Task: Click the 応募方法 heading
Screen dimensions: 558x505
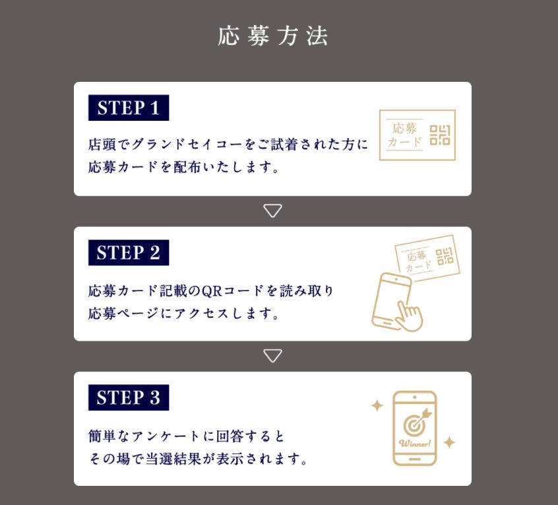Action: pos(272,36)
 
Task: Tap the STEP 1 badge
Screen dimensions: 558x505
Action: pos(129,108)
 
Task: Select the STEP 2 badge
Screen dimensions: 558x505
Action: pos(129,252)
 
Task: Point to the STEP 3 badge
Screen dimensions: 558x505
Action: pos(129,397)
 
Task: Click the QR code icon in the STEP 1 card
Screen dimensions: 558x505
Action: pos(440,135)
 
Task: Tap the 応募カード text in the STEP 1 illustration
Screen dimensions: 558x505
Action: pos(404,135)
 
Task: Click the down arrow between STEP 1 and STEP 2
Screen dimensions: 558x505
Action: pos(272,210)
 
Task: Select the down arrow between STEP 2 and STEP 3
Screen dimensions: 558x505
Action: pos(272,355)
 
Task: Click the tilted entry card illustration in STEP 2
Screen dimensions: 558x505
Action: pos(427,258)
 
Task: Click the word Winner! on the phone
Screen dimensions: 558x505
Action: pos(415,443)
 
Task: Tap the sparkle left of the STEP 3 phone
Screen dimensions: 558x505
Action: pos(377,405)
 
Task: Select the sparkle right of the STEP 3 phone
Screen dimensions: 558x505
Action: pos(449,442)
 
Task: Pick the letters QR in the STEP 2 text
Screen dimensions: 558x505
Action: pos(212,291)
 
